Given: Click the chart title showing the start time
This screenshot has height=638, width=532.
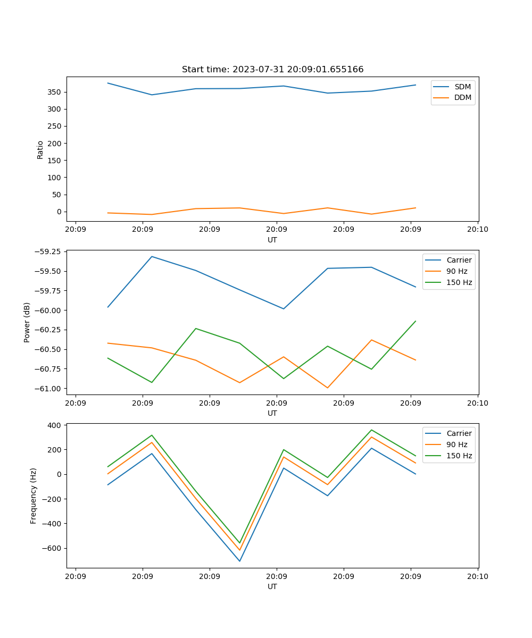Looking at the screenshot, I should point(272,70).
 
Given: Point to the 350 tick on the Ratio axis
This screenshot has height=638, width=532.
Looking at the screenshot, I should point(56,92).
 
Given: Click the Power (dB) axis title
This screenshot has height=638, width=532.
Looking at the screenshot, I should point(27,322).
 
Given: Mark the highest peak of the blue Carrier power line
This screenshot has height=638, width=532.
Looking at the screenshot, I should point(152,256).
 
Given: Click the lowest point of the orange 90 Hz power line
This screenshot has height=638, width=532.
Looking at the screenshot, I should point(327,388).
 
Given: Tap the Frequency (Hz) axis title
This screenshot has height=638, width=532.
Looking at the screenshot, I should point(34,496).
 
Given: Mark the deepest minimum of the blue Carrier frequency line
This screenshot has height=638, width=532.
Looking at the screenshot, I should point(239,561).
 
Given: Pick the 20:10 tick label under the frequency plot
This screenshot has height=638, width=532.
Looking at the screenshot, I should point(477,576).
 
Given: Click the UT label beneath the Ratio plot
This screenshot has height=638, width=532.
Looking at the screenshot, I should point(272,240).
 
